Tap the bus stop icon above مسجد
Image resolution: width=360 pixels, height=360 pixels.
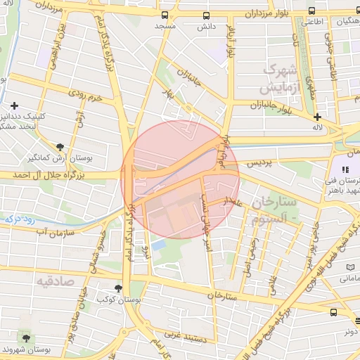click(x=165, y=15)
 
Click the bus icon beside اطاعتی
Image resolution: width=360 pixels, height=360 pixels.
click(x=311, y=11)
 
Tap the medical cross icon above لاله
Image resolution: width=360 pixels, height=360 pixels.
click(x=317, y=117)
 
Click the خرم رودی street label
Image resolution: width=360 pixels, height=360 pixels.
click(x=85, y=94)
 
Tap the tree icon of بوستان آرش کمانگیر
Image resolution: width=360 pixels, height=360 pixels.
click(x=60, y=148)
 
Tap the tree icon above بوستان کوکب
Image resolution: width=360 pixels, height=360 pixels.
click(x=118, y=288)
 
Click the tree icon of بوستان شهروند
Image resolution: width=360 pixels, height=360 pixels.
click(x=26, y=338)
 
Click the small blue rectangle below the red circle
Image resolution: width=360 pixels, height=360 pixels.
click(x=159, y=245)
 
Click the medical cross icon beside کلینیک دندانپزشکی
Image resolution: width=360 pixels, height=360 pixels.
click(x=14, y=105)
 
